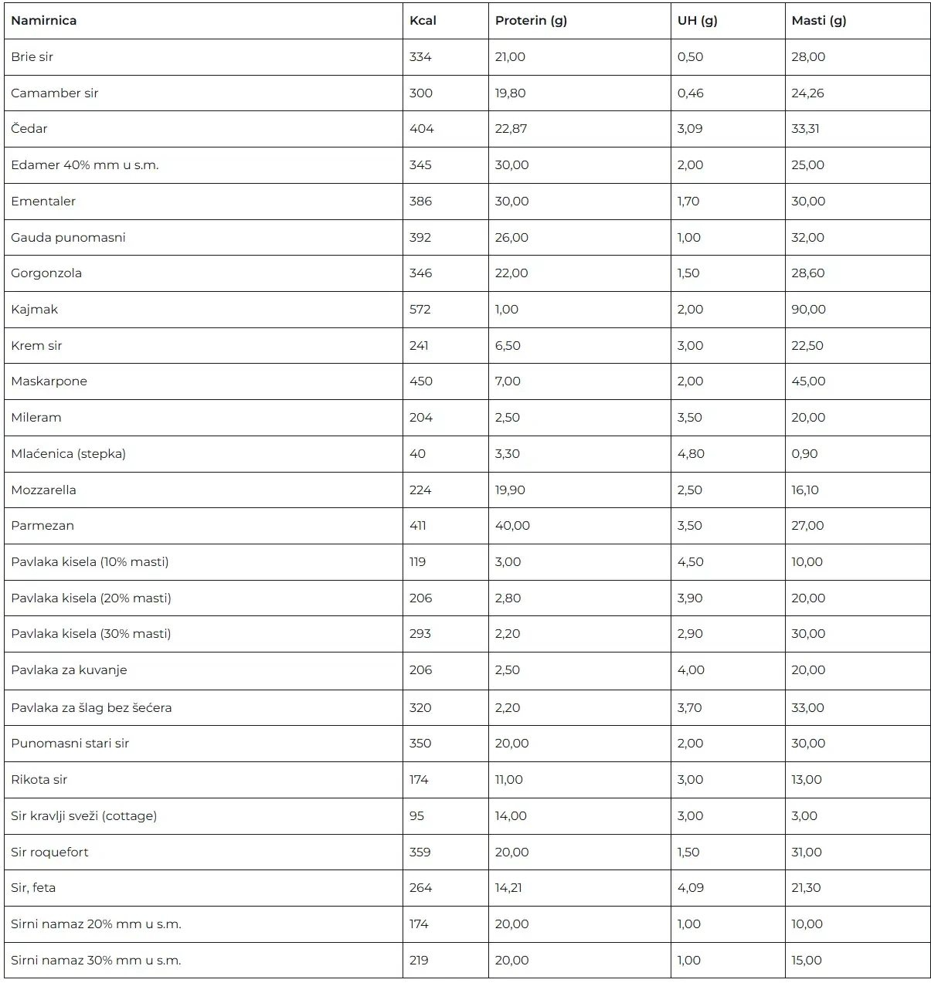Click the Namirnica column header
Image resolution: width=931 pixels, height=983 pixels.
click(44, 21)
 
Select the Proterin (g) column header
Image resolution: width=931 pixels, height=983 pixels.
click(531, 21)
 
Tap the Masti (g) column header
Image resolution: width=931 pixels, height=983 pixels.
click(818, 21)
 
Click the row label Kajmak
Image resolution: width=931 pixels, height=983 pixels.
click(35, 310)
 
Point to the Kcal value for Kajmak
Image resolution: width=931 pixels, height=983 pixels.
click(420, 310)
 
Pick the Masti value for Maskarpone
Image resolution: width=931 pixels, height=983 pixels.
click(808, 381)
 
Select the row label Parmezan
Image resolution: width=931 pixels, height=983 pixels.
click(42, 526)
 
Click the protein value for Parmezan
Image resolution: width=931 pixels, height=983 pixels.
click(512, 526)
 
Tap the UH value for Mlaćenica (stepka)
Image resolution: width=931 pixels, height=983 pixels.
click(691, 454)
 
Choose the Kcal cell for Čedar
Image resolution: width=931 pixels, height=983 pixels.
click(421, 129)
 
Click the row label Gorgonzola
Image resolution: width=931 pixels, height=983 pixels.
click(46, 273)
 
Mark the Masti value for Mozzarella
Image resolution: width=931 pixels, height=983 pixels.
click(805, 490)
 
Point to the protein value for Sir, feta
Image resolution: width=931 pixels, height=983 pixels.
click(508, 888)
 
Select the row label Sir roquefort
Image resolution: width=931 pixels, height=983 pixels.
click(49, 852)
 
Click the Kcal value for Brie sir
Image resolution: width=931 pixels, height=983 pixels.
click(420, 57)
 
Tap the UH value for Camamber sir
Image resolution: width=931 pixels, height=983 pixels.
click(690, 93)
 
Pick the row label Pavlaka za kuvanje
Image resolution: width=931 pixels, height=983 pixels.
click(69, 670)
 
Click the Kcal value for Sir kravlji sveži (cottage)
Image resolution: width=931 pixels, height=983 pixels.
click(416, 816)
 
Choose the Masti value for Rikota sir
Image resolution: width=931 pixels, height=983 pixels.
click(806, 780)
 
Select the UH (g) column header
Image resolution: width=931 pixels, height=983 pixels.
click(697, 21)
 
